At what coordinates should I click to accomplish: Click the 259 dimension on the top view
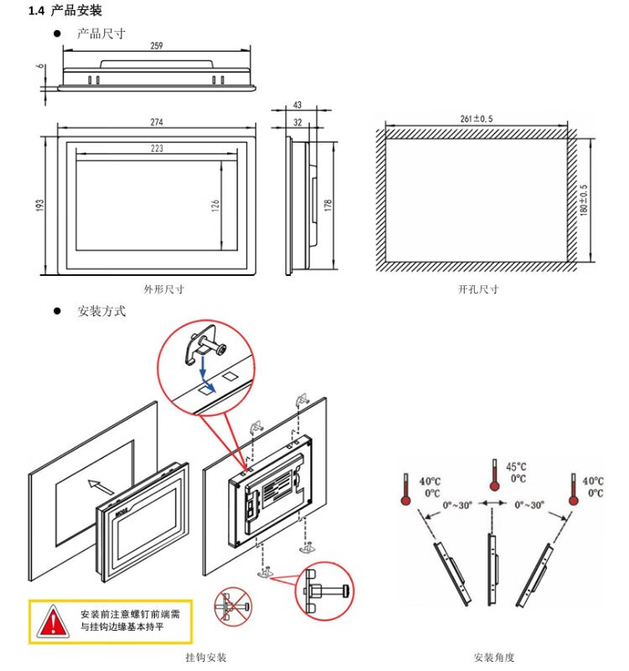click(157, 46)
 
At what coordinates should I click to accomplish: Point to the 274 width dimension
click(157, 122)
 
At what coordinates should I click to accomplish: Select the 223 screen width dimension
click(157, 148)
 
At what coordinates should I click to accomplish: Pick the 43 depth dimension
click(298, 106)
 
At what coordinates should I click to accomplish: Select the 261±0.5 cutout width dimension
click(476, 119)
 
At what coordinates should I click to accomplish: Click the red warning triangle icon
click(54, 622)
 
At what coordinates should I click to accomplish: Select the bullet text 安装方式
click(101, 311)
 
